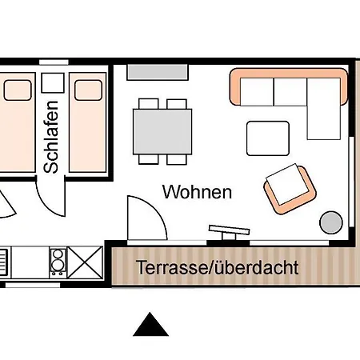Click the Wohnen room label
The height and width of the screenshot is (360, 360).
pos(197,193)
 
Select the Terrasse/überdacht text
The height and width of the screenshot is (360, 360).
pos(217,267)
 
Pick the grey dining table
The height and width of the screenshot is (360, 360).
pos(162,130)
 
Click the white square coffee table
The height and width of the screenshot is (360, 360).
pos(267,138)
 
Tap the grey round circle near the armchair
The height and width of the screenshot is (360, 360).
pos(330,221)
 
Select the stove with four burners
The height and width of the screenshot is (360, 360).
pos(58,261)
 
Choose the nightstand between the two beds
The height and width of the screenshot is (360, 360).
pos(52,83)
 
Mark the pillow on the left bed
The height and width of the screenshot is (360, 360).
pos(16,90)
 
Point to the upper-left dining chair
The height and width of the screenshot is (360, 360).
pos(147,104)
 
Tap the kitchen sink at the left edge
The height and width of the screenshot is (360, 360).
pos(4,261)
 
